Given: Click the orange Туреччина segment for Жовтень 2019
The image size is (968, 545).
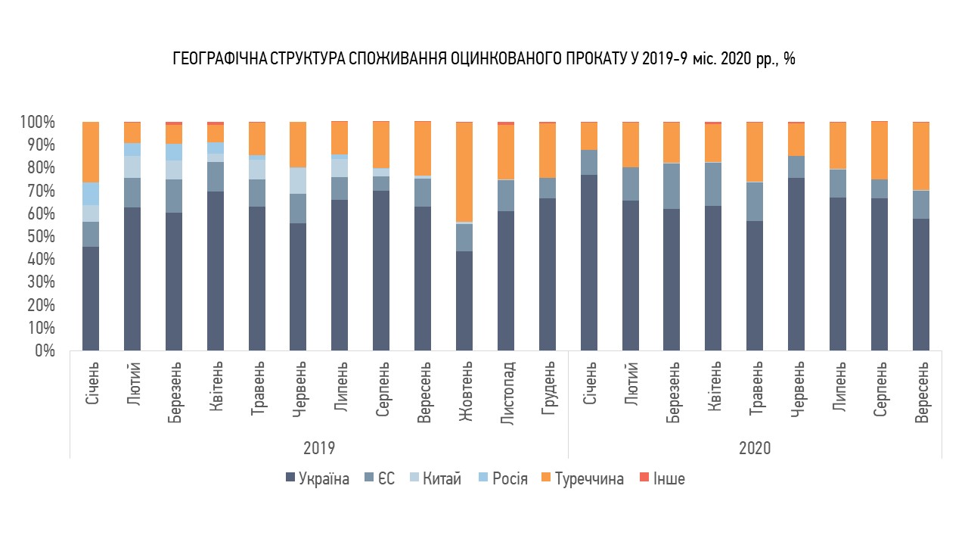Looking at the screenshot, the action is [464, 172].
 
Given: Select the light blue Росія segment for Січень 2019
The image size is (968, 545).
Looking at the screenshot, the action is [91, 194].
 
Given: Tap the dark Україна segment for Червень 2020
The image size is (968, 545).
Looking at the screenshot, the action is [796, 264].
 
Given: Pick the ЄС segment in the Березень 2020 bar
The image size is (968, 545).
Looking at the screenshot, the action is [672, 186].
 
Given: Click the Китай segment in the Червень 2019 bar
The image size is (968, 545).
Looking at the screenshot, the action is [298, 181].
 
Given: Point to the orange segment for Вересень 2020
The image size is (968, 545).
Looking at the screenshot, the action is [921, 156].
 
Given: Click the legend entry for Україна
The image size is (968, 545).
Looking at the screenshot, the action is [318, 479].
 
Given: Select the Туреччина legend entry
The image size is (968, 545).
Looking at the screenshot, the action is [582, 479].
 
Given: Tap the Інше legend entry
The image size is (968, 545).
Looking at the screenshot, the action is [662, 479].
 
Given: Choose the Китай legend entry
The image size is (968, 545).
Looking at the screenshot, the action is [435, 479].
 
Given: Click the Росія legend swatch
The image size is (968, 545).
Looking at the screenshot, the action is [483, 478].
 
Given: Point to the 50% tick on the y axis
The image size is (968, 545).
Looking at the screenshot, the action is [41, 237].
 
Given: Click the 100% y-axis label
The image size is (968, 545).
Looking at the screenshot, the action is [38, 123].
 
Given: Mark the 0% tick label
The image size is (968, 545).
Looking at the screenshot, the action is [45, 350].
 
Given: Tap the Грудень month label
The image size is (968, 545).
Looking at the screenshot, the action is [548, 388].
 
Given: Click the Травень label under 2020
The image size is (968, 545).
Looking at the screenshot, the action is [755, 388].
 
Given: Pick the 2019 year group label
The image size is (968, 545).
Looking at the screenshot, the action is [319, 448].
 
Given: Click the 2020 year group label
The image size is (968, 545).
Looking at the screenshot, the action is [755, 448].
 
